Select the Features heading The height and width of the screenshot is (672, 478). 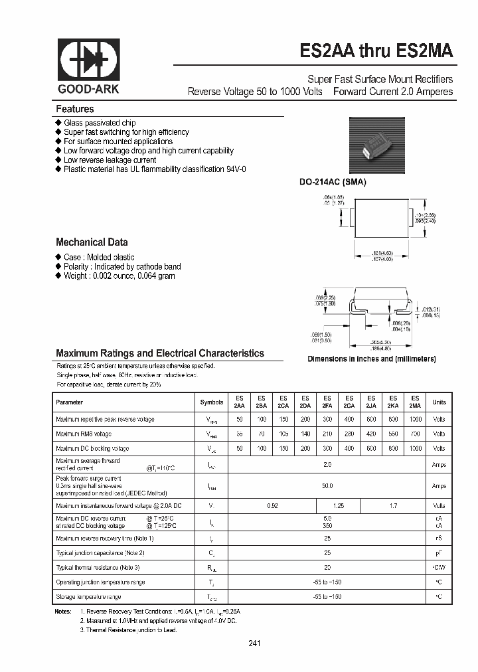click(74, 109)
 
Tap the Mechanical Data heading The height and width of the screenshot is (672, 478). click(92, 242)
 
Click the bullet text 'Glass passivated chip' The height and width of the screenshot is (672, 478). click(100, 123)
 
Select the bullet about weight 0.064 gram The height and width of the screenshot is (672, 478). click(119, 276)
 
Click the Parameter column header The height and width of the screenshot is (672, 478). click(70, 402)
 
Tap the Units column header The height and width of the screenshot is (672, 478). click(439, 402)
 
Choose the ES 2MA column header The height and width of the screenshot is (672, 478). click(415, 402)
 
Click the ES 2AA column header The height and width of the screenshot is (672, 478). click(239, 402)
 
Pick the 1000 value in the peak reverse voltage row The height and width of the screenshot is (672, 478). click(415, 419)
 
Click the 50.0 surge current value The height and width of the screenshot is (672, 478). click(327, 486)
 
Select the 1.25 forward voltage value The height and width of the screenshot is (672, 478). click(338, 506)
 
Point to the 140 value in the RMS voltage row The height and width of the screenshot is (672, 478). click(305, 434)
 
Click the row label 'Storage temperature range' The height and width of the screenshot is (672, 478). click(91, 597)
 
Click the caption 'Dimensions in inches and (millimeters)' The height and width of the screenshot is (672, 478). click(371, 359)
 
